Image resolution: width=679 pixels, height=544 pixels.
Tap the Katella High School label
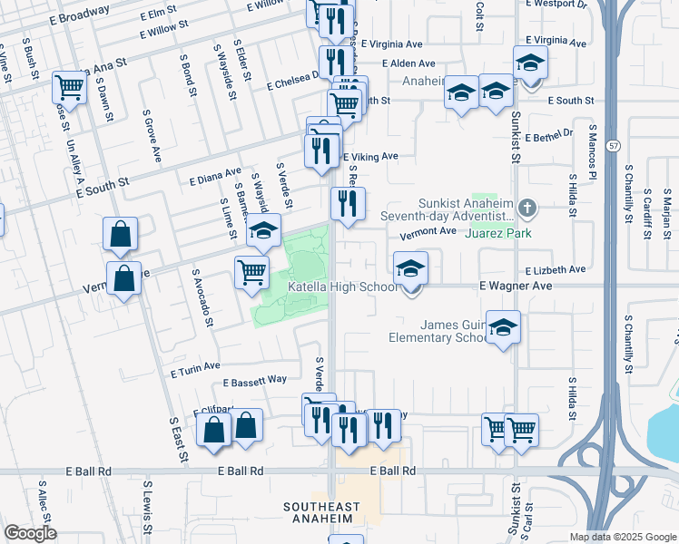click(x=342, y=287)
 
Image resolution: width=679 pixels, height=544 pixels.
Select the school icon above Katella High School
click(x=410, y=268)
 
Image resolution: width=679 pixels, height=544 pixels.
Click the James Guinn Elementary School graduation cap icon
click(x=502, y=328)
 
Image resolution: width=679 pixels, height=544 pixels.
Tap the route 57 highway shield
click(x=615, y=145)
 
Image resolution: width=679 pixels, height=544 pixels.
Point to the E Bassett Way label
click(x=254, y=379)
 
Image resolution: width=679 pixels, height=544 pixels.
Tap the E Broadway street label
click(x=80, y=15)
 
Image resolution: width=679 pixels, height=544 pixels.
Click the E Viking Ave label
click(x=371, y=157)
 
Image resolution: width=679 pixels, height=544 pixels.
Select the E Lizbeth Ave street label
click(x=555, y=269)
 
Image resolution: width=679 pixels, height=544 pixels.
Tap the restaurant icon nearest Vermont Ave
click(x=348, y=204)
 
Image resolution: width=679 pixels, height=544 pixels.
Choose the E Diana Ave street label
click(x=215, y=174)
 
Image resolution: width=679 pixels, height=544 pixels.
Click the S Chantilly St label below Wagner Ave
click(x=627, y=343)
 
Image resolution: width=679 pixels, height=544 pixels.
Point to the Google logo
click(x=30, y=534)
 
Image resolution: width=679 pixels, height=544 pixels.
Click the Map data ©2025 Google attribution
click(x=622, y=537)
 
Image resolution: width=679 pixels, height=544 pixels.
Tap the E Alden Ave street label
click(x=408, y=63)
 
